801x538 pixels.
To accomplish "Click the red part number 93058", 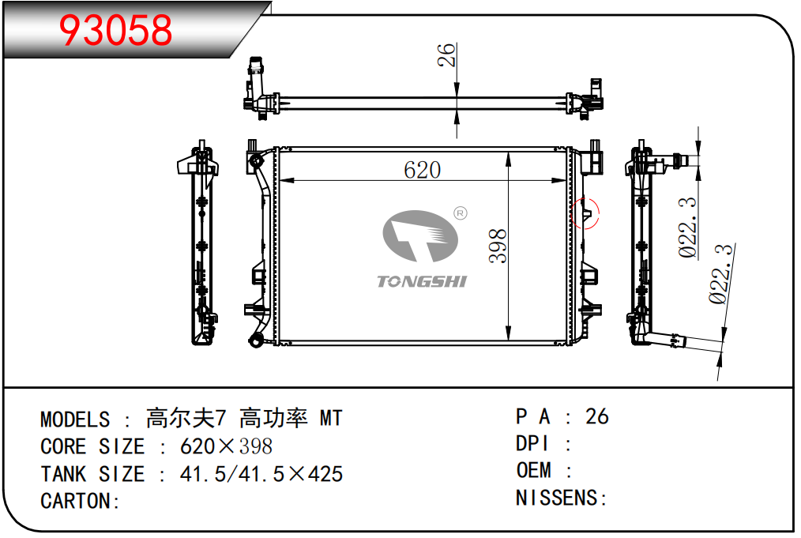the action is pos(115,30).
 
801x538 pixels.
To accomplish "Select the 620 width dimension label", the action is pos(422,170).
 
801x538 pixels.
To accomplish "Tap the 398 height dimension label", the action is pos(498,246).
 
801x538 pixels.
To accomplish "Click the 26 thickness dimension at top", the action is pos(446,55).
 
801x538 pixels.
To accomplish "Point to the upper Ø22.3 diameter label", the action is pos(687,228).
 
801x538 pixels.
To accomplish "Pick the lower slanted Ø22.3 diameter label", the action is pos(720,274).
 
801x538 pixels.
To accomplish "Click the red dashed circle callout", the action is pos(585,213).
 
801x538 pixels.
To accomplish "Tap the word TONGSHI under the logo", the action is pos(422,281).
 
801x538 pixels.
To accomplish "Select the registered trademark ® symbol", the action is pos(461,213).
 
